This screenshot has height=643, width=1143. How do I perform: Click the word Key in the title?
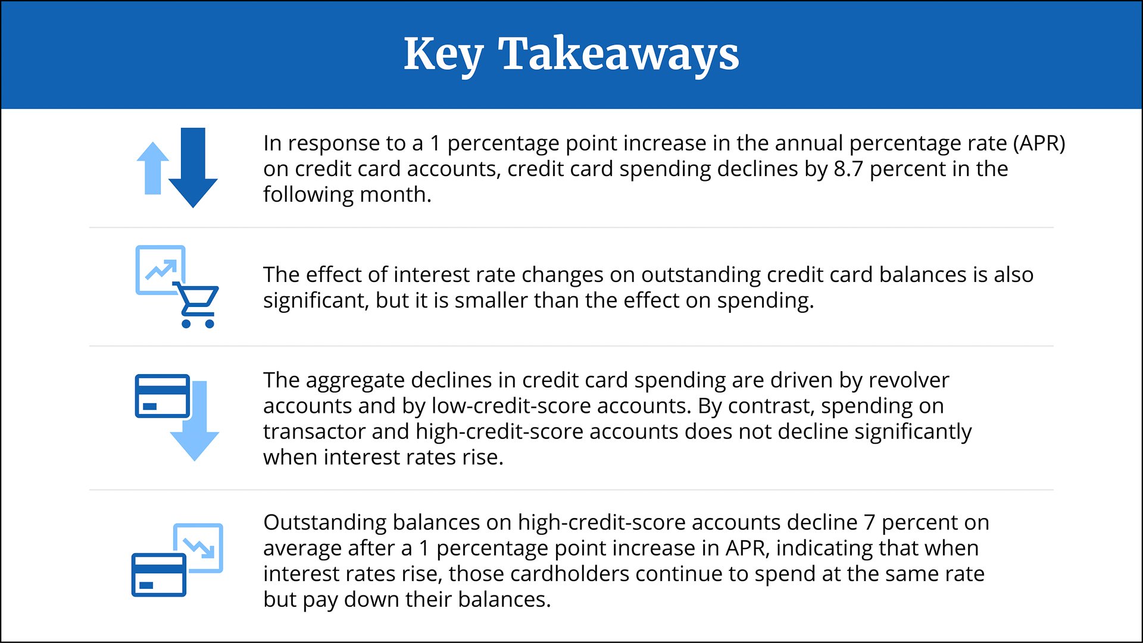[x=443, y=55]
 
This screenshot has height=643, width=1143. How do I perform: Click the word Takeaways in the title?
[x=618, y=54]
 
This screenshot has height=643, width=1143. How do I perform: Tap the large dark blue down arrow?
[x=193, y=167]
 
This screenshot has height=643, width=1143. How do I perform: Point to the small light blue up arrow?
[x=153, y=168]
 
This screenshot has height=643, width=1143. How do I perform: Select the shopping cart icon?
[x=196, y=305]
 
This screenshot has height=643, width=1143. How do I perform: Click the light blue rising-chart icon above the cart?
[x=161, y=270]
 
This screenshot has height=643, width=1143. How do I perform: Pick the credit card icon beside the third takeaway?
[x=163, y=396]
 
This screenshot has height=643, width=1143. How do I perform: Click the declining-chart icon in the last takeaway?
[x=199, y=547]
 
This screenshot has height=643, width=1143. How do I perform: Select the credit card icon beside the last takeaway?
[x=159, y=575]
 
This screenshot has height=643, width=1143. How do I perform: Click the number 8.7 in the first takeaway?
[x=848, y=169]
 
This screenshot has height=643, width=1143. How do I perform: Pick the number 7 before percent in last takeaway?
[x=870, y=523]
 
